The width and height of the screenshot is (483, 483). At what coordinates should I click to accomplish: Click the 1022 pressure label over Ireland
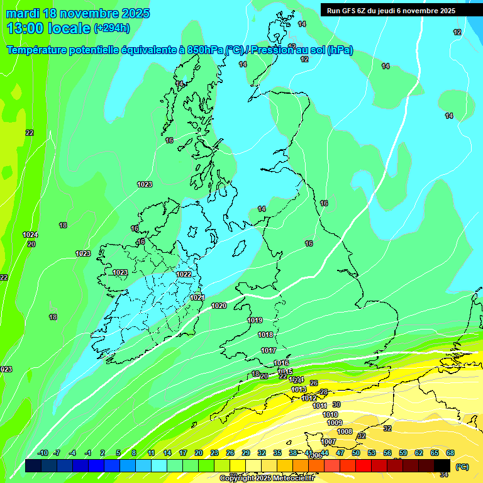point(184,274)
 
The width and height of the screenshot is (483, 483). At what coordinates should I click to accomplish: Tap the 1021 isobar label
point(197,297)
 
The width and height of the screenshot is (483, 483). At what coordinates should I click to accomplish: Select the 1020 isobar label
point(219,306)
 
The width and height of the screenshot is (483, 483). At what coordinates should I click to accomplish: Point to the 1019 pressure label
point(255,320)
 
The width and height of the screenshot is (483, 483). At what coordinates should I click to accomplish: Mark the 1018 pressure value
point(265,335)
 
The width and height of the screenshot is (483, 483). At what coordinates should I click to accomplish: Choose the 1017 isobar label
point(269,350)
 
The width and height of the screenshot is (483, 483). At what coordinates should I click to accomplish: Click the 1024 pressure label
point(30,235)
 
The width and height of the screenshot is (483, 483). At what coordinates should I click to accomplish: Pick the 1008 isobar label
point(345,431)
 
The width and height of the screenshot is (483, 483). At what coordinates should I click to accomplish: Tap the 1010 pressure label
point(330,414)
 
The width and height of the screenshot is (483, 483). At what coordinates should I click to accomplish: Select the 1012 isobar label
point(309,398)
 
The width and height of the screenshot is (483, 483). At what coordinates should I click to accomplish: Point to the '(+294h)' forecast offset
point(112,28)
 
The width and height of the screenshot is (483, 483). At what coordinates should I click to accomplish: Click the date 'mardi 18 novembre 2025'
point(78,13)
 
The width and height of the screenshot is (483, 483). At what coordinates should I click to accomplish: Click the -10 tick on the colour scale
point(43,453)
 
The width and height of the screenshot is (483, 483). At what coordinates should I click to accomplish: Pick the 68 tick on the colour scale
point(450,453)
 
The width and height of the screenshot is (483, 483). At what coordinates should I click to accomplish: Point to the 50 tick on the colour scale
point(356,453)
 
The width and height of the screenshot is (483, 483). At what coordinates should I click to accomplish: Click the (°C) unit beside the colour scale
point(462,467)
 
